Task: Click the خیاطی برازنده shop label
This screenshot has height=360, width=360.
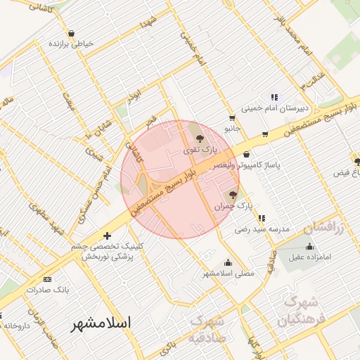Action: pyautogui.click(x=71, y=44)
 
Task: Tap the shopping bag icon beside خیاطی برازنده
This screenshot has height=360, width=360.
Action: pyautogui.click(x=71, y=33)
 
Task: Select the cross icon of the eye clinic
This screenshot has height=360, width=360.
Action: pyautogui.click(x=107, y=236)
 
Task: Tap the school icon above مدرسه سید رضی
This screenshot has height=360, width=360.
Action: pyautogui.click(x=262, y=219)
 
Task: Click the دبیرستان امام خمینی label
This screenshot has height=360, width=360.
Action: pyautogui.click(x=275, y=108)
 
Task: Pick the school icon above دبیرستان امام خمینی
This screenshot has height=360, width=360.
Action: pyautogui.click(x=275, y=98)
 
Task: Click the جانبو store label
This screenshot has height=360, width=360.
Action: pyautogui.click(x=232, y=129)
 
